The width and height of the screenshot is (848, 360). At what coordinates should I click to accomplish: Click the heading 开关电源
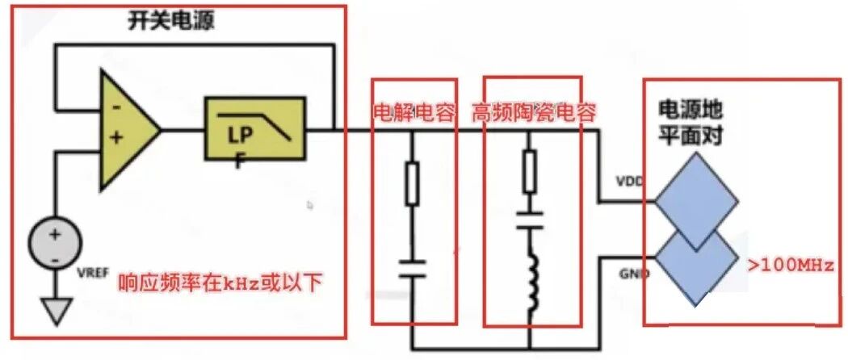pos(171,22)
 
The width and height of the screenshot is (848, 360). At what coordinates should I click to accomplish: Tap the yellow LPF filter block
pos(255,128)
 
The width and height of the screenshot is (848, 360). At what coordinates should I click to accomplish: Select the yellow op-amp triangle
pos(129,130)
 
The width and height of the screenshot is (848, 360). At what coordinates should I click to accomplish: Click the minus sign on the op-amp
pos(116,107)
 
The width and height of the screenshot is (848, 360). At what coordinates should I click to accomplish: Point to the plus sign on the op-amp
pos(116,138)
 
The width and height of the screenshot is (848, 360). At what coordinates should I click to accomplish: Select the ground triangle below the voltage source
pos(56,312)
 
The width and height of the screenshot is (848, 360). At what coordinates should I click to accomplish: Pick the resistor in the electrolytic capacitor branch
pos(412,185)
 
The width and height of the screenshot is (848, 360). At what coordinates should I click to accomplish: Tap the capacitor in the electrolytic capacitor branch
pos(412,269)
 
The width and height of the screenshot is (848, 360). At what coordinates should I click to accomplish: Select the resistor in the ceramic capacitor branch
pos(530,172)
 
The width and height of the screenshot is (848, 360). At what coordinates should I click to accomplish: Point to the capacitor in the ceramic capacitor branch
pos(530,220)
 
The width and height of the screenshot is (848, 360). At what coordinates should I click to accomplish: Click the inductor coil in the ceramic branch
pos(531,280)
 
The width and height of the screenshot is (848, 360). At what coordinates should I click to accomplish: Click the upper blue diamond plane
pos(696,201)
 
